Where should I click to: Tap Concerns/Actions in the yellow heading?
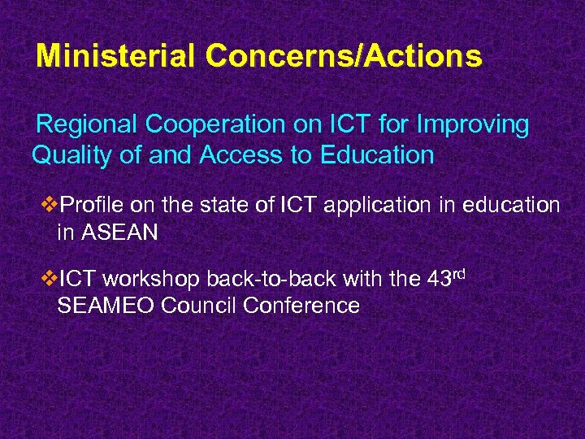(x=344, y=56)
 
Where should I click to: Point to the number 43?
(x=439, y=280)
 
